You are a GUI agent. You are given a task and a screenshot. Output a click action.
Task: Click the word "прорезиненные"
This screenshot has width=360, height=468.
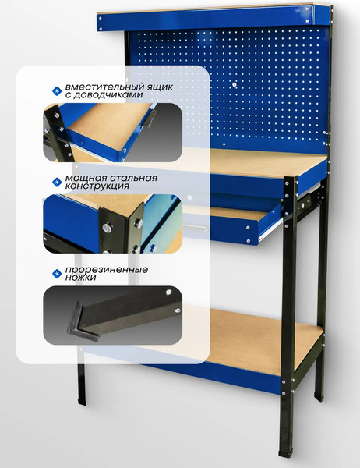[x=107, y=270]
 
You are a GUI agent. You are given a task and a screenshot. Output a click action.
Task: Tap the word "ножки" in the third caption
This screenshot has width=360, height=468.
[x=80, y=277]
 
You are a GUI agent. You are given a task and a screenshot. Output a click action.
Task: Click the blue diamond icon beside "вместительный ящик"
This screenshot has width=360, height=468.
[x=57, y=90]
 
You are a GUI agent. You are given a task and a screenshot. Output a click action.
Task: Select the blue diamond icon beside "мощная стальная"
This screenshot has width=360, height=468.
[x=57, y=182]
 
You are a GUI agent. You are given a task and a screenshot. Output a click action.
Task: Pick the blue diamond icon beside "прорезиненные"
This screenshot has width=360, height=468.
[x=57, y=273]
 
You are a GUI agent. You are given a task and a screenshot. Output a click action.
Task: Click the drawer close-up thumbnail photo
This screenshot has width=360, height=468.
[x=112, y=133]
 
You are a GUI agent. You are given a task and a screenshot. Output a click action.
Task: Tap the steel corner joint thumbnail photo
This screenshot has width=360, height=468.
[x=112, y=224]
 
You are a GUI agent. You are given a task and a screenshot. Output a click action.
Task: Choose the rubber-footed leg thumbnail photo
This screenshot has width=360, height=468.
[x=112, y=315]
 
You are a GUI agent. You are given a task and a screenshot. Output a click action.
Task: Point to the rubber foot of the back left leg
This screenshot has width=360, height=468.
[x=82, y=401]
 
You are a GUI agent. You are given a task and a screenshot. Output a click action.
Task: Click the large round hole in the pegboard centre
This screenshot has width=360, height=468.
[x=234, y=85]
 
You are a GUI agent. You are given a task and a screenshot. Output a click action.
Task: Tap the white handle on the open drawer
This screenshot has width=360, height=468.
[x=196, y=228]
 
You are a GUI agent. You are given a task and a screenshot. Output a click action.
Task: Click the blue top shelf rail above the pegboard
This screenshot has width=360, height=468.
[x=206, y=19]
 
